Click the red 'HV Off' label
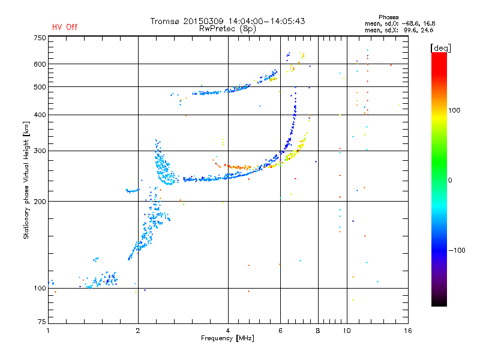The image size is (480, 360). pyautogui.click(x=65, y=27)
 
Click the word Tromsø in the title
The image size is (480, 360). pyautogui.click(x=164, y=21)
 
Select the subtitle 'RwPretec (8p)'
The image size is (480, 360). pyautogui.click(x=227, y=29)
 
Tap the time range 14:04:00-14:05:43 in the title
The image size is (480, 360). pyautogui.click(x=266, y=21)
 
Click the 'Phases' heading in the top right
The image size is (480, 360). pyautogui.click(x=388, y=17)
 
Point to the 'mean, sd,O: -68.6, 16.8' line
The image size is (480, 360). pyautogui.click(x=400, y=23)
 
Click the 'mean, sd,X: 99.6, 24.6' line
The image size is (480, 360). pyautogui.click(x=399, y=30)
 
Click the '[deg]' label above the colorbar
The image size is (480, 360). pyautogui.click(x=440, y=48)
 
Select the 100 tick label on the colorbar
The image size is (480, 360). pyautogui.click(x=454, y=110)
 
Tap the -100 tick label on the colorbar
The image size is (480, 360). pyautogui.click(x=457, y=250)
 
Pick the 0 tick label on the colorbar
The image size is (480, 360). pyautogui.click(x=450, y=180)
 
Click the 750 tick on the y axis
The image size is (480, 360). pyautogui.click(x=40, y=38)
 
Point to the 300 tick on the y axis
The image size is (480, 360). pyautogui.click(x=40, y=151)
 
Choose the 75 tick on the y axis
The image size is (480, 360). pyautogui.click(x=41, y=322)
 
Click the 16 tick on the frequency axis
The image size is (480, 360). pyautogui.click(x=408, y=331)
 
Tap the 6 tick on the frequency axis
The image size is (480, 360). pyautogui.click(x=280, y=331)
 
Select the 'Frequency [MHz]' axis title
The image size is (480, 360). pyautogui.click(x=227, y=338)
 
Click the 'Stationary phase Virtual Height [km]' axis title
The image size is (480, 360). pyautogui.click(x=26, y=180)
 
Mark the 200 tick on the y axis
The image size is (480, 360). pyautogui.click(x=40, y=201)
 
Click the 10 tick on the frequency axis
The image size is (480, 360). pyautogui.click(x=347, y=331)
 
